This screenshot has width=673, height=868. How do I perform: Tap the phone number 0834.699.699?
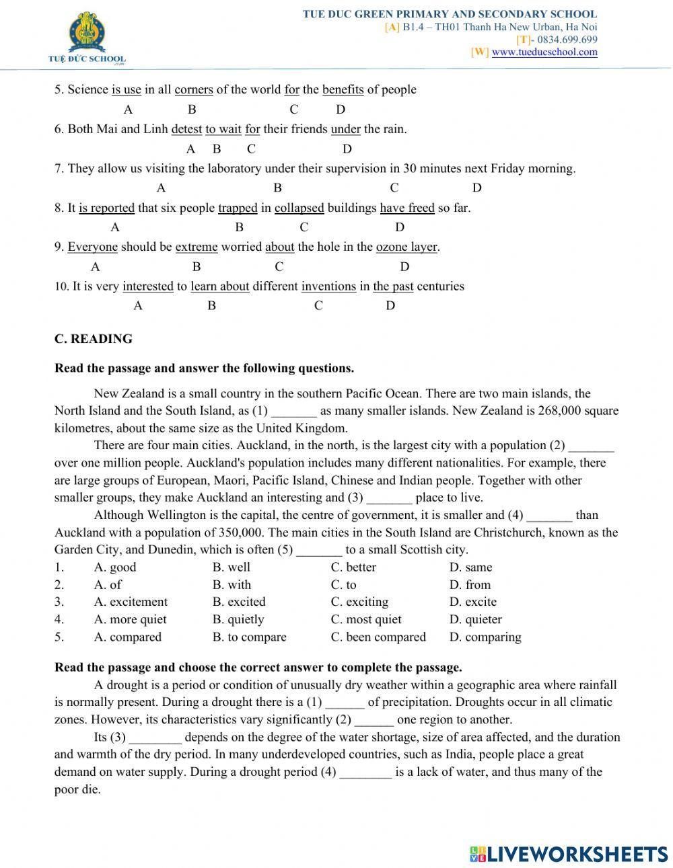click(x=567, y=40)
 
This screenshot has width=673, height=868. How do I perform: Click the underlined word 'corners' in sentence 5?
click(x=194, y=89)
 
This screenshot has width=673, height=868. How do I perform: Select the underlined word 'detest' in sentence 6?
click(x=186, y=129)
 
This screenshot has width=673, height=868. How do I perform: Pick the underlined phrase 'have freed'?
click(x=407, y=208)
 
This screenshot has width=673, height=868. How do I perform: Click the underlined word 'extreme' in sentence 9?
click(x=197, y=247)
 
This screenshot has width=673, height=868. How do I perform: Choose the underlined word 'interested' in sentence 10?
click(x=148, y=286)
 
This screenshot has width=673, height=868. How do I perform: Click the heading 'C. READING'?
click(x=94, y=339)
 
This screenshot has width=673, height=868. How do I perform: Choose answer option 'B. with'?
click(x=232, y=585)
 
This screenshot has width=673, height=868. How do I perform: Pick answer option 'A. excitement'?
click(x=131, y=602)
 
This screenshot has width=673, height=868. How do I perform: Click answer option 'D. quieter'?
click(x=475, y=619)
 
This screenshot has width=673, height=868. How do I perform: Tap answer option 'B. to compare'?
click(x=249, y=637)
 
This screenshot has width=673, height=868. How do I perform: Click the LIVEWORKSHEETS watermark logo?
click(x=569, y=855)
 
